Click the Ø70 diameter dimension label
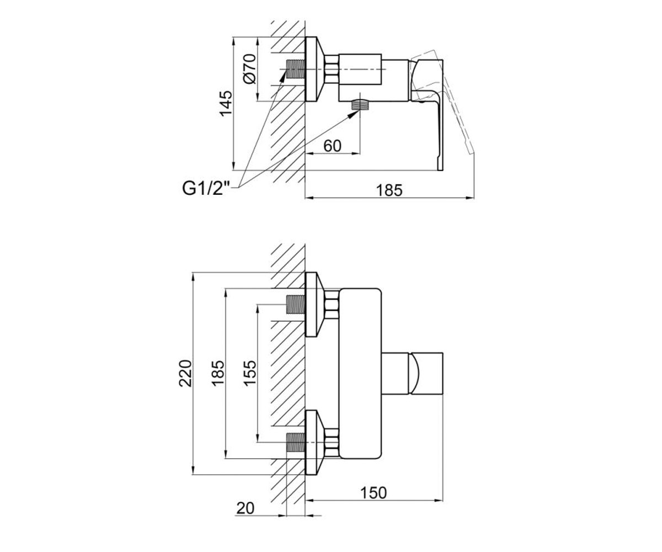[250, 69]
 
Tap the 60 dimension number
[332, 146]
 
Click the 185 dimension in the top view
[389, 190]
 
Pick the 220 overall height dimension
[186, 373]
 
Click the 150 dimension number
[373, 493]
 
